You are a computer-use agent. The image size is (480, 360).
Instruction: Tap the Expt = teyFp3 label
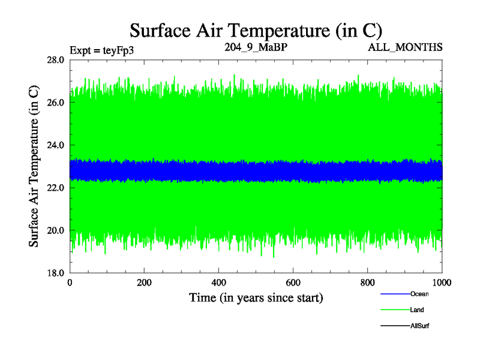point(101,50)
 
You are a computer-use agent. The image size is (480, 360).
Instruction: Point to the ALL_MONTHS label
point(406,47)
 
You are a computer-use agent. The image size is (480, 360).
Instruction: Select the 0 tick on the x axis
point(70,283)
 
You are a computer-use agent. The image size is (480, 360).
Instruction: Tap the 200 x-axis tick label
point(145,283)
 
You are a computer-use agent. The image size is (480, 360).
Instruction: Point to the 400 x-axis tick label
point(219,283)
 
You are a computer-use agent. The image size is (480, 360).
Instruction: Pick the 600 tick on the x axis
point(293,283)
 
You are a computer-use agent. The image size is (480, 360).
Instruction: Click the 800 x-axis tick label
point(368,283)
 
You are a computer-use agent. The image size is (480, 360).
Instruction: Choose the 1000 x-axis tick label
point(442,283)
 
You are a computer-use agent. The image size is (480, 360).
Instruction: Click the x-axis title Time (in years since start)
point(256,298)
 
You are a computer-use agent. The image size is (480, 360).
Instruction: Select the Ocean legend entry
point(419,294)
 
